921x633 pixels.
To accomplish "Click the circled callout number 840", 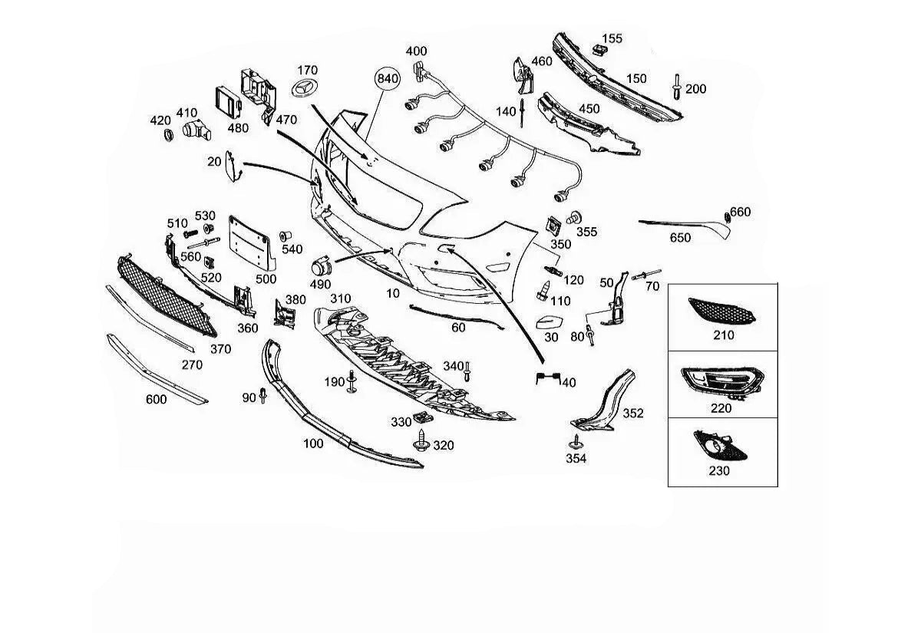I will click(x=388, y=78).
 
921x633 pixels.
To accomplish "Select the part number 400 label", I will click(x=416, y=51).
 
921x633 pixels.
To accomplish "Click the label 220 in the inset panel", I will click(x=721, y=408).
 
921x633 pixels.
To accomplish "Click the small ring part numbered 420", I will click(x=168, y=136).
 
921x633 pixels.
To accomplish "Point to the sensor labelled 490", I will click(x=322, y=267).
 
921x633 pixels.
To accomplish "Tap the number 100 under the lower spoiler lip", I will click(x=313, y=443).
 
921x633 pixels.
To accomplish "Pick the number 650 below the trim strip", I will click(x=680, y=238).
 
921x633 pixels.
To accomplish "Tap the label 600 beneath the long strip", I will click(x=157, y=399).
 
